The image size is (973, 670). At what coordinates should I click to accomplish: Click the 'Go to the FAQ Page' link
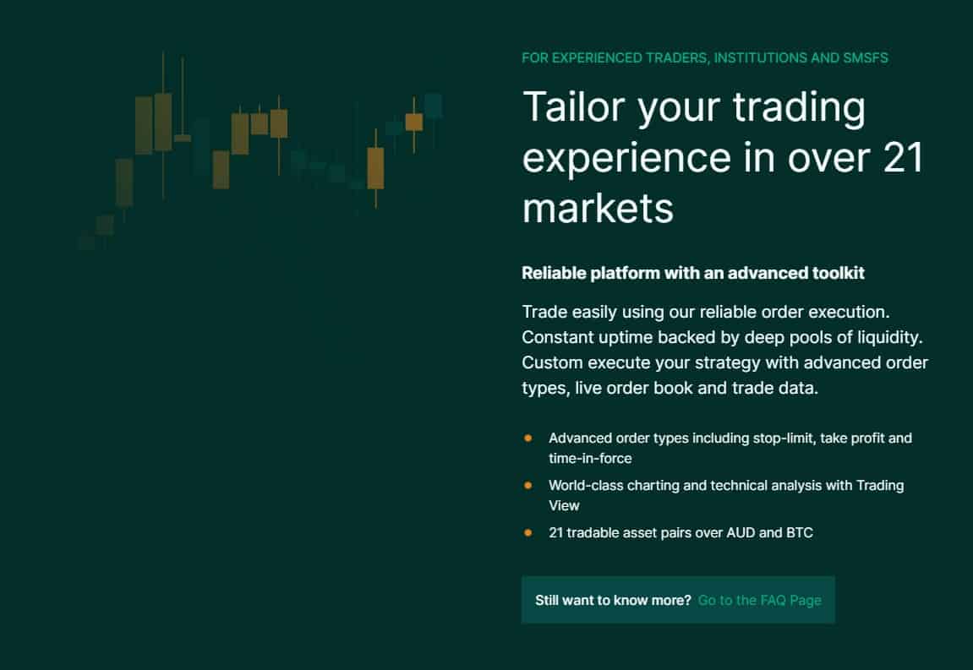[759, 601]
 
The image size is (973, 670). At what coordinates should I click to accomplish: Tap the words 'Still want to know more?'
[613, 601]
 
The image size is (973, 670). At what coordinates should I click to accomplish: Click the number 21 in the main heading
[903, 158]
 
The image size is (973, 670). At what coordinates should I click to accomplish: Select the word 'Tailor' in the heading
[574, 106]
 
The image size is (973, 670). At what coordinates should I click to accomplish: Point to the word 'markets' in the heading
[598, 208]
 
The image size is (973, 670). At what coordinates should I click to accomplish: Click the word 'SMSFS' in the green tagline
[865, 58]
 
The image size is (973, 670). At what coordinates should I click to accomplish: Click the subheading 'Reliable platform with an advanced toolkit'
[693, 273]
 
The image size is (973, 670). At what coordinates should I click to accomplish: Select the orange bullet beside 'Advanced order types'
[528, 438]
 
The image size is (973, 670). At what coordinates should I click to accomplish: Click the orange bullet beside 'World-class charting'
[528, 485]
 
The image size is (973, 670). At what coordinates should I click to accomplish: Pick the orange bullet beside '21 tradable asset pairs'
[528, 532]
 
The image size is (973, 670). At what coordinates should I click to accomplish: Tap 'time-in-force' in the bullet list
[590, 459]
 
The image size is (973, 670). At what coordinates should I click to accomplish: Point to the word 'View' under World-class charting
[564, 505]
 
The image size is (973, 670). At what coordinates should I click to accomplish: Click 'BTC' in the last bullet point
[799, 533]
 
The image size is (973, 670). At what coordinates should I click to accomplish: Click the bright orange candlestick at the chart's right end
[414, 123]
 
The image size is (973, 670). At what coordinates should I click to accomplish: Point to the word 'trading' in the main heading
[799, 108]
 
